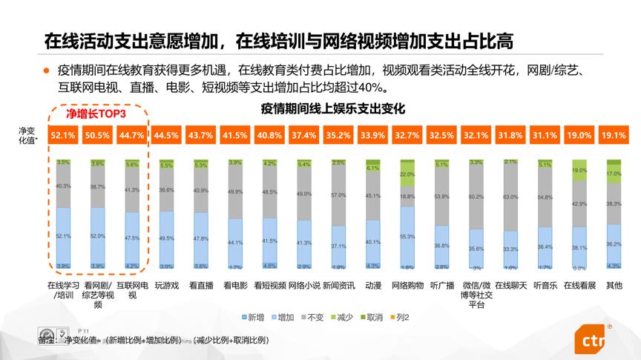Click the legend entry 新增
coord(254,318)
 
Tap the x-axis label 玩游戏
coord(167,284)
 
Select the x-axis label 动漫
coord(372,284)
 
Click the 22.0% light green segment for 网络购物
coord(407,175)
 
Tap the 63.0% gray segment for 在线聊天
coord(510,197)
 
